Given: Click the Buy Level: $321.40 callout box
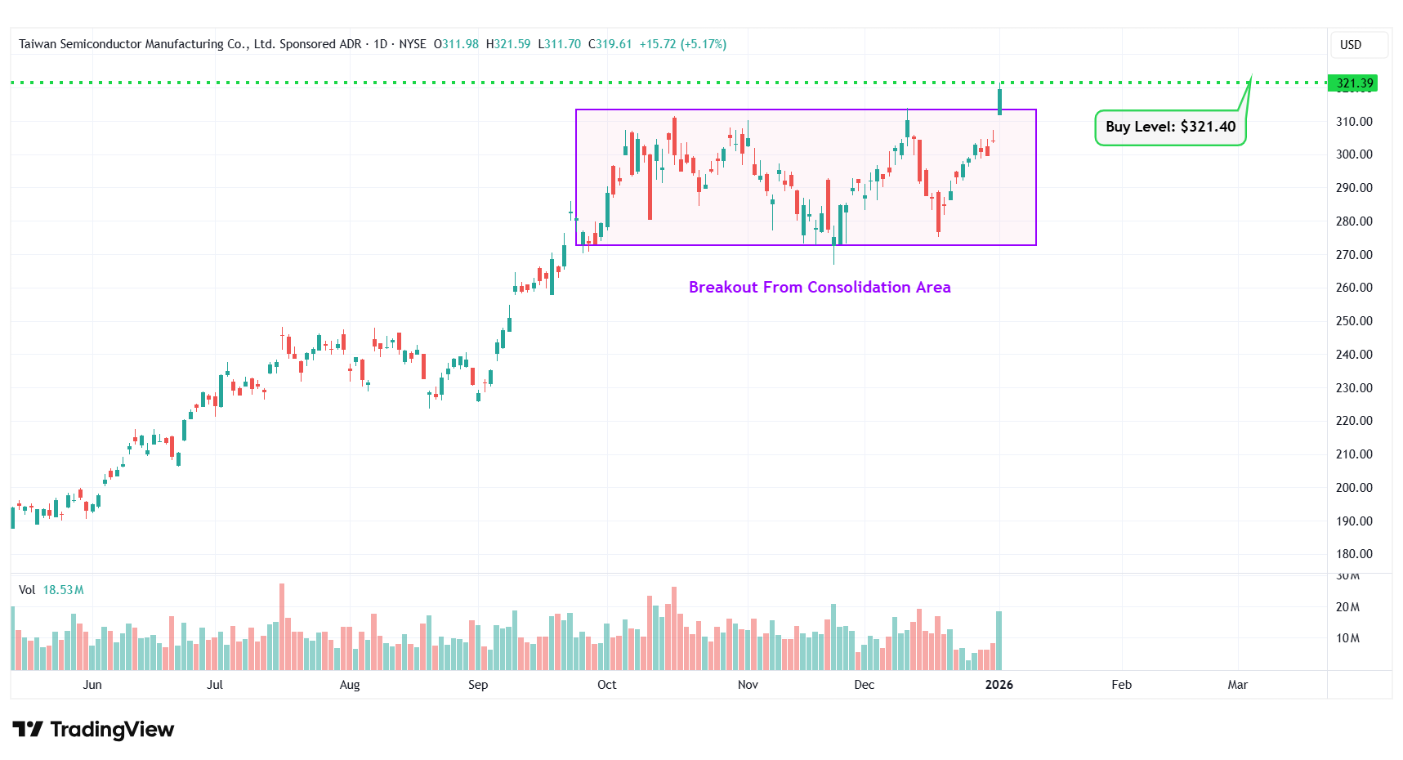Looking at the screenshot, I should click(1169, 127).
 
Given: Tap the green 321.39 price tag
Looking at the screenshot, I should click(1354, 83).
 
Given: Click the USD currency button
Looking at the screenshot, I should click(1350, 45).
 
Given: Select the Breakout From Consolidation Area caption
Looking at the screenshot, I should click(819, 288).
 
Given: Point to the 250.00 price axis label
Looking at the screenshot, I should click(1353, 321).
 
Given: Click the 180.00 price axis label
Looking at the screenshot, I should click(1353, 554).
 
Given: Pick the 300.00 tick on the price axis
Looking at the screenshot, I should click(1353, 154).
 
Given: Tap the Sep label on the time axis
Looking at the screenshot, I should click(478, 685).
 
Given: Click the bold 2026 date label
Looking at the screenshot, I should click(999, 685).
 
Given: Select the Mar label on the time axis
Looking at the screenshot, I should click(1237, 685).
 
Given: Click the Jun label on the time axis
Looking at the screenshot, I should click(92, 685).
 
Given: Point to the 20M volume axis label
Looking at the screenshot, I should click(1347, 607).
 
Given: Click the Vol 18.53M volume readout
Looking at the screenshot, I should click(51, 590).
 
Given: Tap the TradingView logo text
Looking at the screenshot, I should click(112, 729).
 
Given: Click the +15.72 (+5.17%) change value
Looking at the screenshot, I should click(682, 44).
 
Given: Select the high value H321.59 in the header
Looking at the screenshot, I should click(507, 44).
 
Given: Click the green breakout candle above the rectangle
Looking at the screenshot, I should click(999, 101).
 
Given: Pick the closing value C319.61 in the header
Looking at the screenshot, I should click(610, 44).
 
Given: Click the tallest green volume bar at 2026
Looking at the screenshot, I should click(999, 641).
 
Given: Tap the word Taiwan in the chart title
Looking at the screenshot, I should click(38, 44).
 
